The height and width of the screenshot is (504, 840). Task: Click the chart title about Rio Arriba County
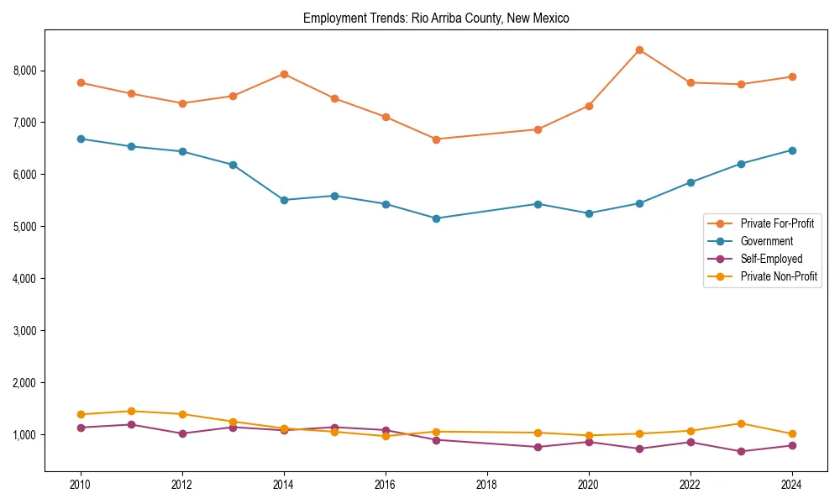(436, 18)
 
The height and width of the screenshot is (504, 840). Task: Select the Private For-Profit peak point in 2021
(639, 50)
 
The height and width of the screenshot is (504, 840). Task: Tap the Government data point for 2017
(436, 218)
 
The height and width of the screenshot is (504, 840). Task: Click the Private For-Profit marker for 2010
(81, 82)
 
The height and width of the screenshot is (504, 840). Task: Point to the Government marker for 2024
(792, 150)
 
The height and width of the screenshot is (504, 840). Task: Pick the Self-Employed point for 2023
(741, 451)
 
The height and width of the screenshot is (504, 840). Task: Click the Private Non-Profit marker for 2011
(131, 411)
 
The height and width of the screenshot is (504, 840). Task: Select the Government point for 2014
(284, 200)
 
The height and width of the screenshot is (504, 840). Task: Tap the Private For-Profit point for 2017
(436, 139)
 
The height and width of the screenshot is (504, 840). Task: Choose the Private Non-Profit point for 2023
(741, 423)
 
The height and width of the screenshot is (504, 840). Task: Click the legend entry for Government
(766, 241)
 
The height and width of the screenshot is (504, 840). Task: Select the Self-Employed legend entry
(771, 259)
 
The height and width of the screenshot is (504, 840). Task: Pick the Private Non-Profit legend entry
(779, 276)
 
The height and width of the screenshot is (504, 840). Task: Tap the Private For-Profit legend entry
(777, 223)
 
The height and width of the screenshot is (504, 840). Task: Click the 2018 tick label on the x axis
(486, 485)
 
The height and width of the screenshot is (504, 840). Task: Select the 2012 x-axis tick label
(182, 485)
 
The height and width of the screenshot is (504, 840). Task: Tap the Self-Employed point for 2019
(538, 447)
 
